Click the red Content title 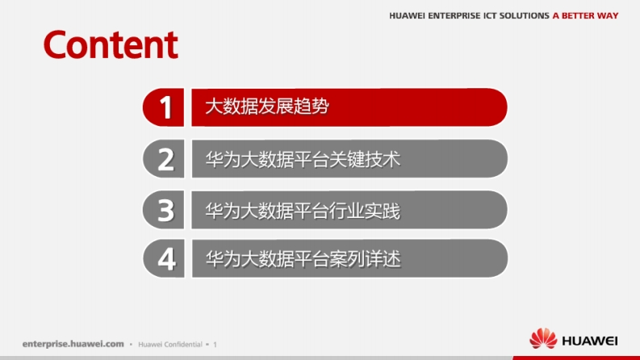coord(111,44)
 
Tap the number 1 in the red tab coord(165,107)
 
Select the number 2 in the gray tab coord(165,159)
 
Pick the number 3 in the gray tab coord(165,211)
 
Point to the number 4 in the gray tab coord(166,259)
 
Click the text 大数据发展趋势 coord(267,107)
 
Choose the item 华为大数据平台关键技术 coord(303,159)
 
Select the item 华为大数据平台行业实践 coord(303,211)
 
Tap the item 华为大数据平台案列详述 coord(303,259)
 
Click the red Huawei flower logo coord(543,338)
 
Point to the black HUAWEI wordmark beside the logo coord(590,341)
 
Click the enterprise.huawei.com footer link coord(73,344)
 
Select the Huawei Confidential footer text coord(170,345)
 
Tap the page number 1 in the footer coord(215,345)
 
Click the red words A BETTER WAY coord(585,16)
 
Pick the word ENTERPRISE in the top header coord(454,16)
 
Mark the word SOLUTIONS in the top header coord(525,16)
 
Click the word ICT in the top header coord(490,16)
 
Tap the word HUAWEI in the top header coord(407,16)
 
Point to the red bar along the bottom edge coord(576,358)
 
